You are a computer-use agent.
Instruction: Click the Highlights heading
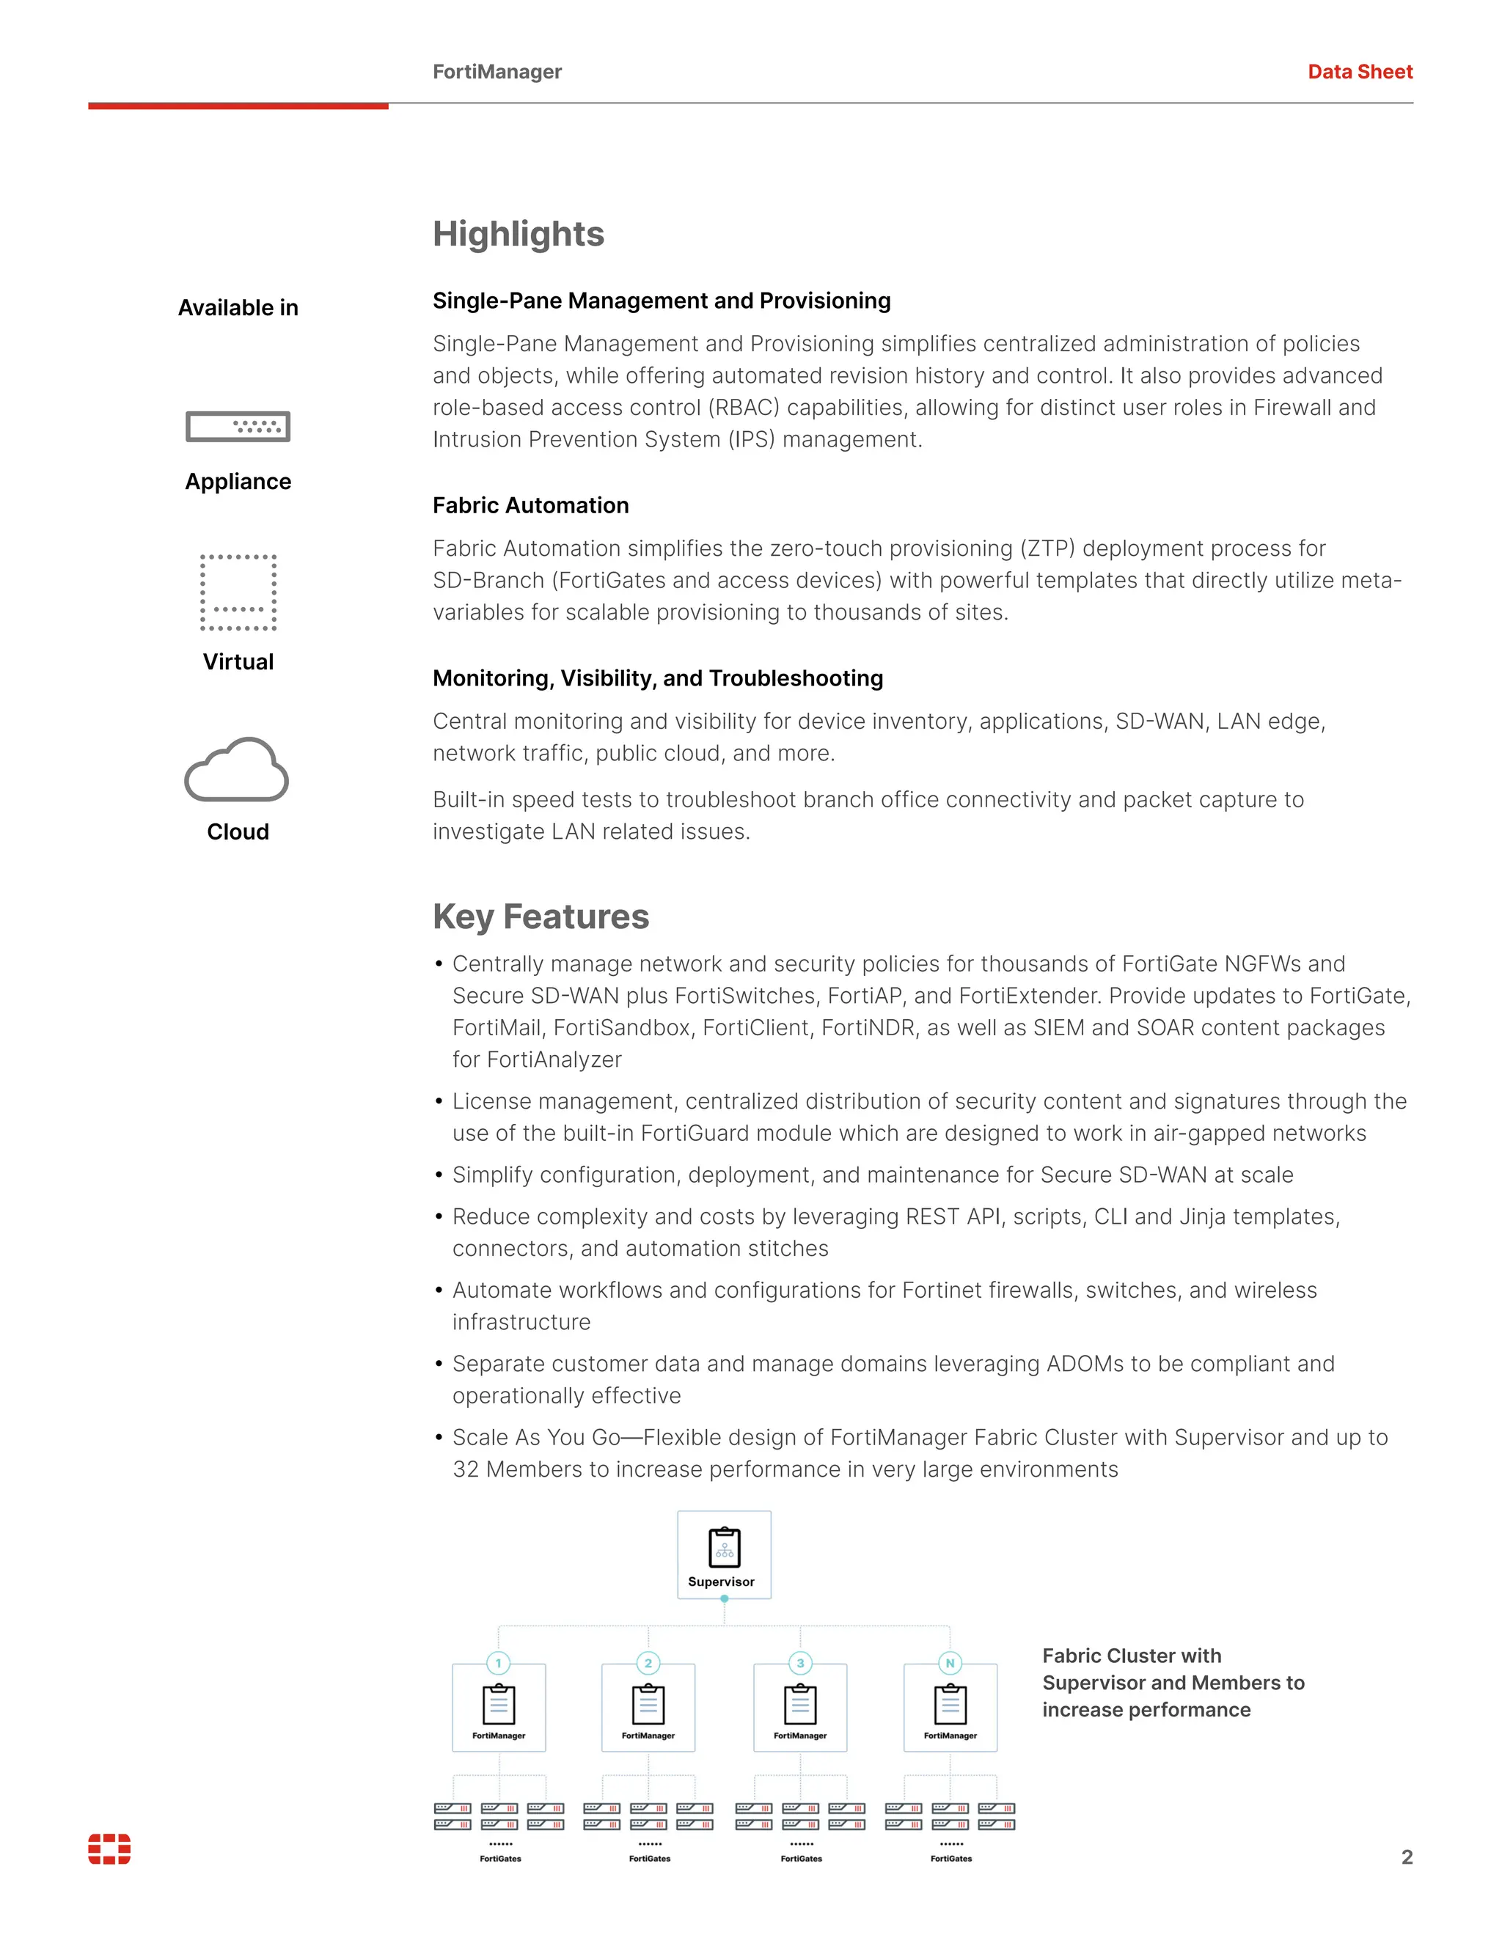coord(518,234)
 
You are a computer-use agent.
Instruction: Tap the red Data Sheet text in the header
coord(1359,72)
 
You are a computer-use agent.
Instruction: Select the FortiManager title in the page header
coord(497,72)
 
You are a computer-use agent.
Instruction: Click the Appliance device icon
coord(238,427)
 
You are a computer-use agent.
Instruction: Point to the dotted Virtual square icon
coord(238,592)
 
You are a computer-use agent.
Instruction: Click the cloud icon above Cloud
coord(237,770)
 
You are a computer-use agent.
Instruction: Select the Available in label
coord(238,308)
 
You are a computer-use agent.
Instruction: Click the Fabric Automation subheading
coord(530,505)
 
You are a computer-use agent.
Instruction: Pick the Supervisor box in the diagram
coord(723,1554)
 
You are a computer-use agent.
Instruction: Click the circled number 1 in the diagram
coord(498,1663)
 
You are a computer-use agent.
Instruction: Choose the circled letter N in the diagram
coord(950,1663)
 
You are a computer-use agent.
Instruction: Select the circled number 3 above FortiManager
coord(800,1663)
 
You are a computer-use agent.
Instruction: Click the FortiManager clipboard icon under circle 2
coord(648,1704)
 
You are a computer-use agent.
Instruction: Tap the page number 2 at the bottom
coord(1406,1856)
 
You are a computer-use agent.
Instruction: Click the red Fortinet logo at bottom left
coord(109,1848)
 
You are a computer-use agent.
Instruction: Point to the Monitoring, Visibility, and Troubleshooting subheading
coord(658,678)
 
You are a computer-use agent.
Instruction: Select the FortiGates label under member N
coord(950,1859)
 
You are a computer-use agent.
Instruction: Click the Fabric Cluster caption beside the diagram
coord(1173,1682)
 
